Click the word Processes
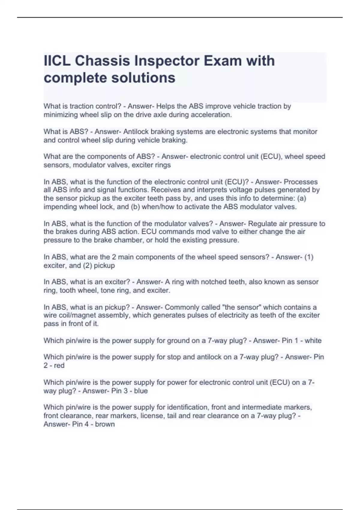[x=301, y=182]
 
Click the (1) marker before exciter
[x=309, y=257]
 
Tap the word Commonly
[x=182, y=307]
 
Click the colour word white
[x=313, y=340]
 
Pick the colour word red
[x=59, y=365]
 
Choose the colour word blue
[x=141, y=391]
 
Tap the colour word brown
[x=105, y=424]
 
